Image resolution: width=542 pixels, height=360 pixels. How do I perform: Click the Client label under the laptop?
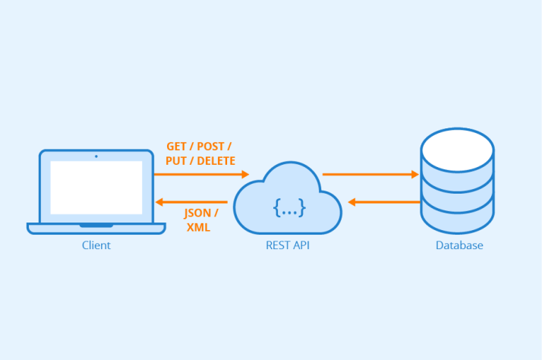tap(96, 245)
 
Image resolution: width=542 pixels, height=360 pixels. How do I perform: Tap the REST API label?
tap(288, 245)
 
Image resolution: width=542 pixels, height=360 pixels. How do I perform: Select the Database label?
tap(458, 245)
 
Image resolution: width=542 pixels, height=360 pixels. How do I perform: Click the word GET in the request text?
tap(176, 146)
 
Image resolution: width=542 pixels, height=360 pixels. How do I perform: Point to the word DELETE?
tap(216, 161)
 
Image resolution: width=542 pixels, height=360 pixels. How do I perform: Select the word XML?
tap(198, 227)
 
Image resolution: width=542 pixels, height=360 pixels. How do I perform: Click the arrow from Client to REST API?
tap(201, 175)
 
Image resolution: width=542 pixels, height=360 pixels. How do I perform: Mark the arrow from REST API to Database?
tap(370, 175)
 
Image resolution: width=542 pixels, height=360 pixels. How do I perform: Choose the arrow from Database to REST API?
tap(384, 202)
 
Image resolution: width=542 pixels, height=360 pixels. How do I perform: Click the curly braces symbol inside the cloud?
tap(289, 206)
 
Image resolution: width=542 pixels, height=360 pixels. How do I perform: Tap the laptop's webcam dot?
tap(96, 156)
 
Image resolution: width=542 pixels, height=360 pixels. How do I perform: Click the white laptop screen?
tap(96, 187)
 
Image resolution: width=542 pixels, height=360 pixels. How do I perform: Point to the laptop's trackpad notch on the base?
tap(96, 226)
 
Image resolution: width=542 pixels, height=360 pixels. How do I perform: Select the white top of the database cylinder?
tap(457, 150)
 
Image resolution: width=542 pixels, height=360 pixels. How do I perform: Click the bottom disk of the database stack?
tap(457, 220)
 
